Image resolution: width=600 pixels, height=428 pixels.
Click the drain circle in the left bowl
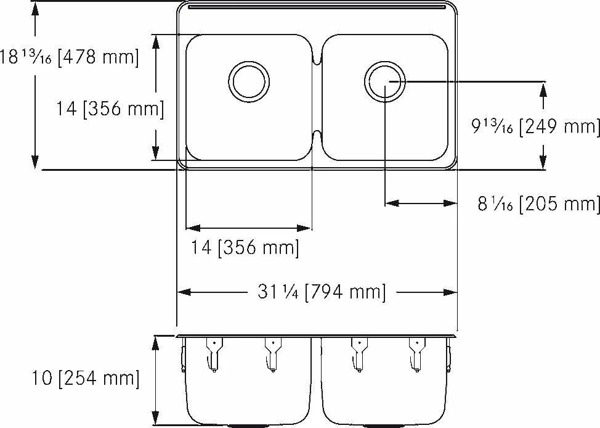point(249,61)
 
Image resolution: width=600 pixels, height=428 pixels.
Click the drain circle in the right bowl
point(384,61)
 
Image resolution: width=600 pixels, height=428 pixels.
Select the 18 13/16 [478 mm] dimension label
point(69,57)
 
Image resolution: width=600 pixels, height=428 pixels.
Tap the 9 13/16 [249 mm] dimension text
point(535,126)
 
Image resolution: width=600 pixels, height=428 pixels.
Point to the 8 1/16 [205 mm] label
point(538,203)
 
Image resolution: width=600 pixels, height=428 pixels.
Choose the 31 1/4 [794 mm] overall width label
point(322,292)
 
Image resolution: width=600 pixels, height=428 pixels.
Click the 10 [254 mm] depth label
point(86,379)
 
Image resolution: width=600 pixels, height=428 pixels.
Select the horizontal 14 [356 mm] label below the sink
point(245,247)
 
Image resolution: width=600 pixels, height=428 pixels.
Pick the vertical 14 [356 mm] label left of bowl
point(110,109)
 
